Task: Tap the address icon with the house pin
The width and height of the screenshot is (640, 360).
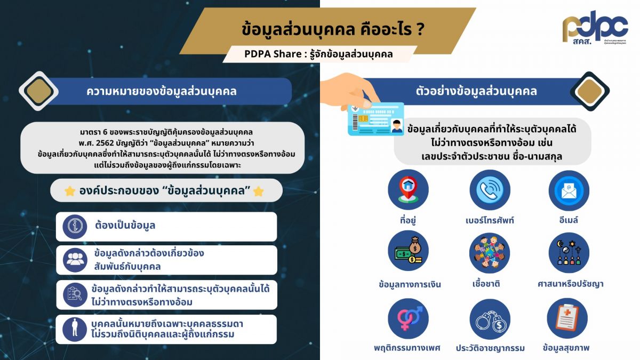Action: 408,190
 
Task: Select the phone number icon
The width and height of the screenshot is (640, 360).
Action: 490,190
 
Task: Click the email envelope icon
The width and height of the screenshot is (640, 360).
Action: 569,190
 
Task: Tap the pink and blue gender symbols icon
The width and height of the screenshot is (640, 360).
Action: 408,318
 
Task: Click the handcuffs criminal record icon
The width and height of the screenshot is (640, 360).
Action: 490,318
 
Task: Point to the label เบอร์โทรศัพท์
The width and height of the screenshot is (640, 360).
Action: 490,220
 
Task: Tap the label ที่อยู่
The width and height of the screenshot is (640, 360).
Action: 408,220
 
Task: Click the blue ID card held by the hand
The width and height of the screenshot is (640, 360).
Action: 375,119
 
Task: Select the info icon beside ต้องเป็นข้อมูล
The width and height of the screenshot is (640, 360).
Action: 74,226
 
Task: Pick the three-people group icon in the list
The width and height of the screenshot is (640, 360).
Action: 74,260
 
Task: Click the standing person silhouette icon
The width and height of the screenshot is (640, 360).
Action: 74,329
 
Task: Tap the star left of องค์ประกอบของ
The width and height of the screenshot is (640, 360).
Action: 70,191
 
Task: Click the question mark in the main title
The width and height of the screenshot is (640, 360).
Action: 420,29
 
